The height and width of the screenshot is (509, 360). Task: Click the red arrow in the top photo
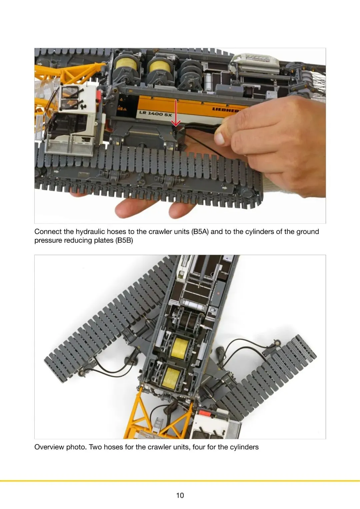tap(176, 113)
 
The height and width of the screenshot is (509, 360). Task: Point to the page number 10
tap(180, 495)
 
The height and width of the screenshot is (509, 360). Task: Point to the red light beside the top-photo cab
tap(99, 96)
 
